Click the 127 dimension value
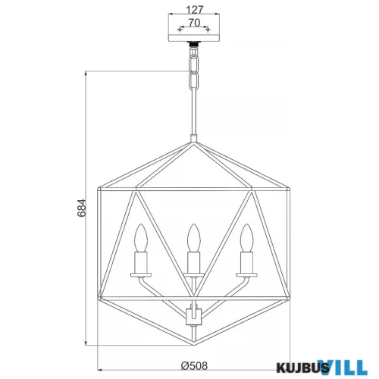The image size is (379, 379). (x=195, y=10)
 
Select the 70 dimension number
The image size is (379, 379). (x=194, y=23)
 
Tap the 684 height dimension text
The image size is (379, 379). (x=82, y=208)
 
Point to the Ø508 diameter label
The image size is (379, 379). (x=194, y=365)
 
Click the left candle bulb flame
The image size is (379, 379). (x=141, y=237)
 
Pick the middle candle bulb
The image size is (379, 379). (x=194, y=237)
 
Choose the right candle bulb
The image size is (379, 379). (x=246, y=237)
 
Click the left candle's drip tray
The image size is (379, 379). (x=141, y=274)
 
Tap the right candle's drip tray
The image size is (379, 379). (x=246, y=274)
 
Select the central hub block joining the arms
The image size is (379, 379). (x=194, y=317)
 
